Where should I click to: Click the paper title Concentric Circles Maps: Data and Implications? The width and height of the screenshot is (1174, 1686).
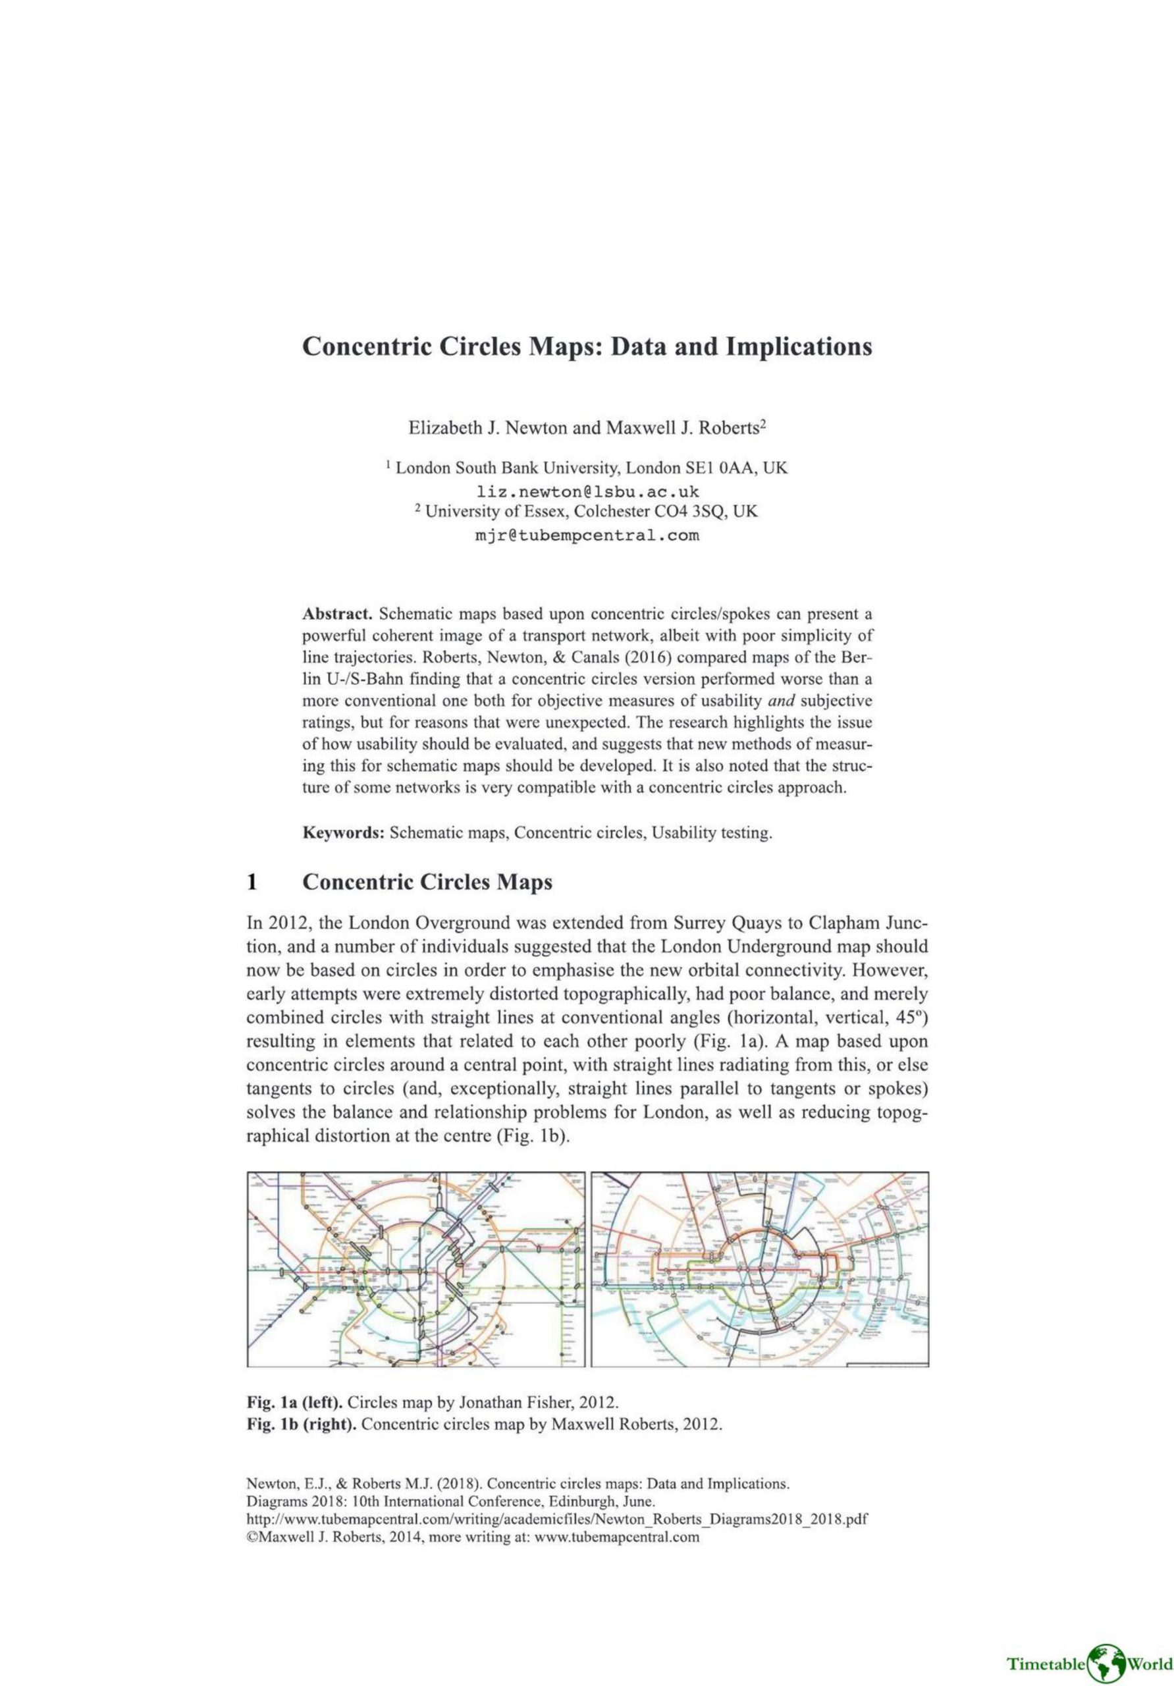pyautogui.click(x=587, y=346)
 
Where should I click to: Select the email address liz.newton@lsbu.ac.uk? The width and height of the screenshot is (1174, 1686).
pyautogui.click(x=587, y=490)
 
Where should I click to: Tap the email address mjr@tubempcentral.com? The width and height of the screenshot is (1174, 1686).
pyautogui.click(x=587, y=535)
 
